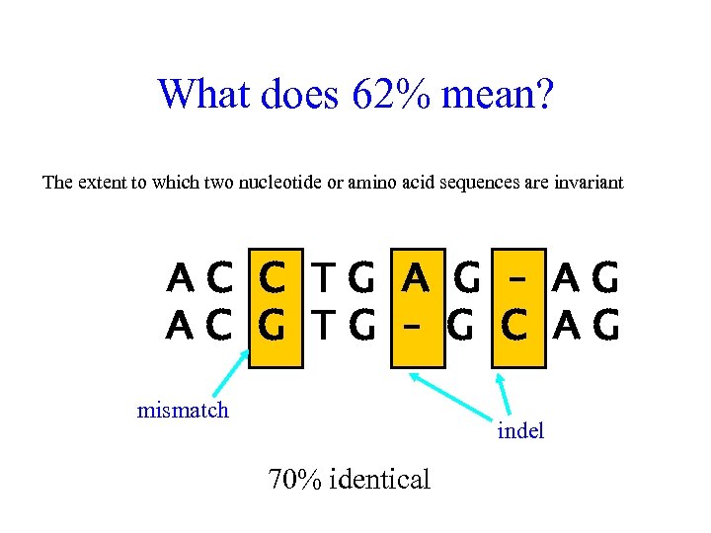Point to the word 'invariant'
coord(590,183)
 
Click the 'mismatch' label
coord(183,410)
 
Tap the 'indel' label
coord(520,430)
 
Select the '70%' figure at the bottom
coord(294,480)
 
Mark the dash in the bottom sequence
coord(416,326)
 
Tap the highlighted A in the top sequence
coord(416,282)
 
